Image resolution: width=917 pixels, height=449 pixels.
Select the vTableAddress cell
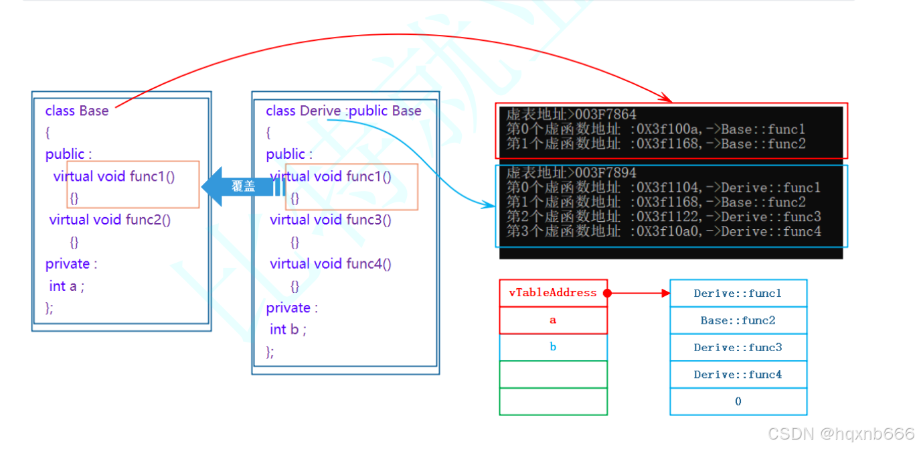(553, 293)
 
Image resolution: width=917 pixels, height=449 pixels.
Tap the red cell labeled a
(553, 320)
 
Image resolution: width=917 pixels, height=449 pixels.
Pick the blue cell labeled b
(553, 347)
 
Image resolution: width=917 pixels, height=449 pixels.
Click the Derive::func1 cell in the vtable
(738, 294)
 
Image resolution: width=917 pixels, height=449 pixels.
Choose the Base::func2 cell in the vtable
(738, 320)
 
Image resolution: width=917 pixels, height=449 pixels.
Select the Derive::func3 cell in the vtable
(738, 348)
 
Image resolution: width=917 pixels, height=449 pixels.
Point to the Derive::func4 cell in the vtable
(738, 375)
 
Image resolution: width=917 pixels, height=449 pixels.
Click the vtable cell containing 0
(738, 401)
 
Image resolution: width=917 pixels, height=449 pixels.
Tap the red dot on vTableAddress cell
(607, 294)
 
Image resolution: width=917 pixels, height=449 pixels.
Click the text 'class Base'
(76, 111)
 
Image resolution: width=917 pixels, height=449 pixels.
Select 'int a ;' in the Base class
(67, 286)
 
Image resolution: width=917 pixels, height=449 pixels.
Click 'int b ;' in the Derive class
(288, 329)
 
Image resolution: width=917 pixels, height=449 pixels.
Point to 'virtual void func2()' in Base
(110, 220)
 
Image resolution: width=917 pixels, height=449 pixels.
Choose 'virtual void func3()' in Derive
(331, 220)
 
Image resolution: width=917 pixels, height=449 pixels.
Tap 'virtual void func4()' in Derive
(331, 264)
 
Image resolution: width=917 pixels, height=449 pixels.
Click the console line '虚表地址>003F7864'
(571, 115)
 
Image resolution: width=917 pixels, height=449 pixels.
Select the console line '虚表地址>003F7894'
(571, 173)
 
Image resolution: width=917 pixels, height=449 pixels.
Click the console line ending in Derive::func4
(663, 231)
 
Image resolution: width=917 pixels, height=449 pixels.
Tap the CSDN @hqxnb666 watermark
(840, 434)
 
